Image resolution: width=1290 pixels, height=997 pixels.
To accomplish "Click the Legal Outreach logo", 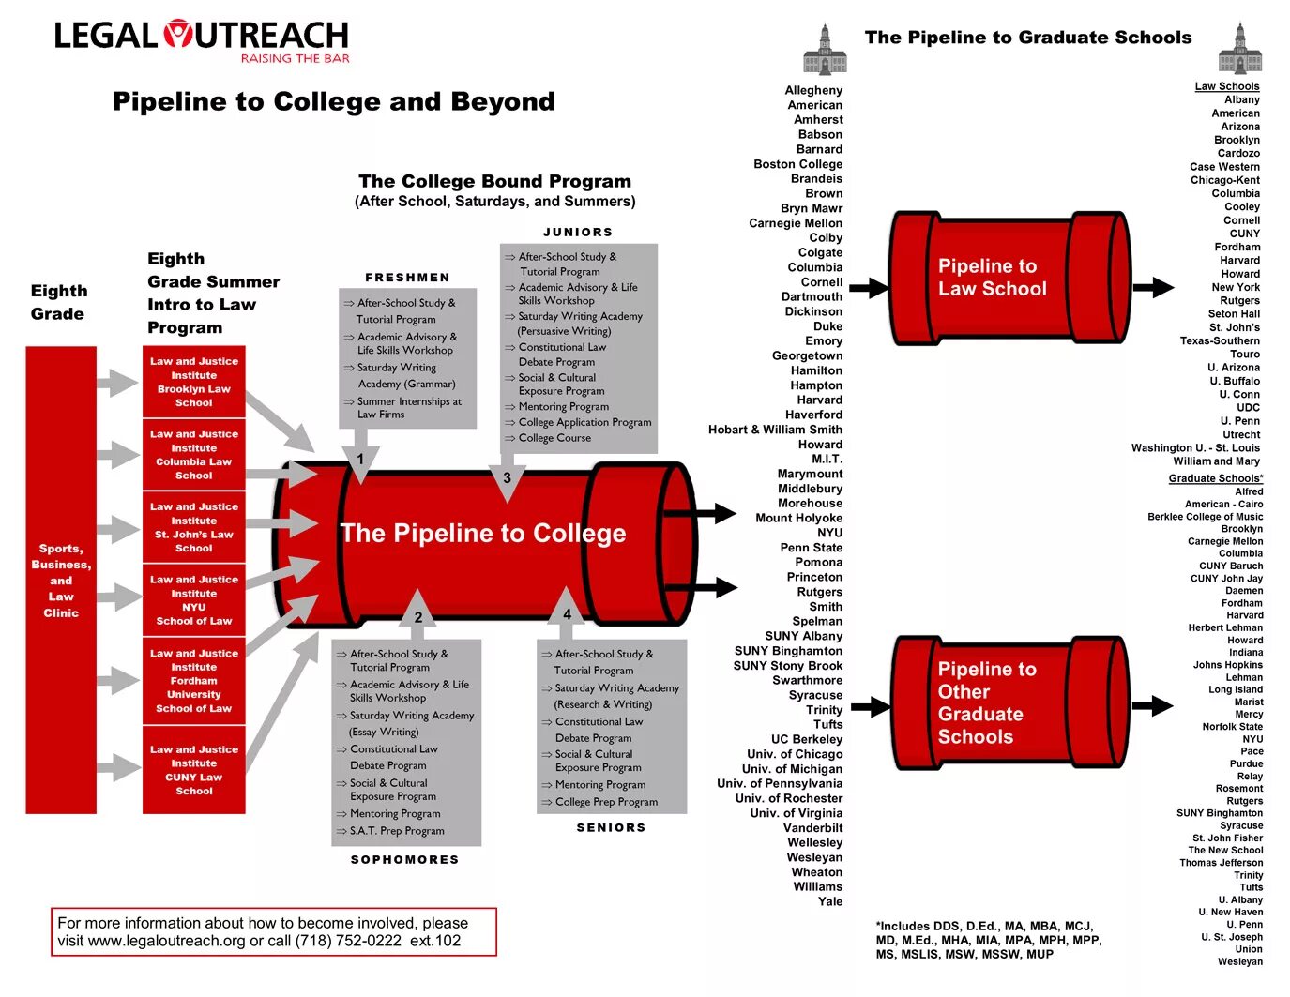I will click(x=201, y=40).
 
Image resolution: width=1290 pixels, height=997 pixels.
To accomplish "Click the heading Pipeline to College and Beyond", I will click(x=333, y=101).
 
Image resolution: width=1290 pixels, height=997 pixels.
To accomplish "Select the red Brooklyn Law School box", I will click(x=194, y=382).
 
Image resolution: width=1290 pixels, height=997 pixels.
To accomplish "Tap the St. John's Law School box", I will click(x=194, y=527).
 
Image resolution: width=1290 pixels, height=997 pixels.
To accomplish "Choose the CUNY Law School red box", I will click(x=194, y=770).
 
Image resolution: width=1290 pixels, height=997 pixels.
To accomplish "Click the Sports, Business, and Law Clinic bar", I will click(x=61, y=580).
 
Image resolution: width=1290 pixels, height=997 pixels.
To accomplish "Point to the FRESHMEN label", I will click(x=407, y=278).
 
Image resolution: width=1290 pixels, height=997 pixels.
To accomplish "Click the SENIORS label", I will click(x=611, y=827).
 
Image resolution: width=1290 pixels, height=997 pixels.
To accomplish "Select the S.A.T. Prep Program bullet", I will click(x=396, y=831).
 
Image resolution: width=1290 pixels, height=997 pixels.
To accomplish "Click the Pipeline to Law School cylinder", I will click(x=1009, y=278).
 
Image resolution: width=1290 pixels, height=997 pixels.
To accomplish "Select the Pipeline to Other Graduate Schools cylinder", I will click(x=1009, y=702).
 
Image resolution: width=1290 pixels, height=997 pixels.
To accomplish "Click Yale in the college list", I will click(x=829, y=901).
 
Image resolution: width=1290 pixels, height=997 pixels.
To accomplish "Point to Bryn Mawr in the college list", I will click(x=811, y=208).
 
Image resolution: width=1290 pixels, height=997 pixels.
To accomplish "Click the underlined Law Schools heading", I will click(x=1226, y=86).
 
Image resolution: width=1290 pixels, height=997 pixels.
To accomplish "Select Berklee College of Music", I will click(x=1205, y=517).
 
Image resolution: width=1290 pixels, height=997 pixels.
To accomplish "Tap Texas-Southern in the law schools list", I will click(x=1220, y=340).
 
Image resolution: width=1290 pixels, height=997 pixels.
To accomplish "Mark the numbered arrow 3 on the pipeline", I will click(x=508, y=478).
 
